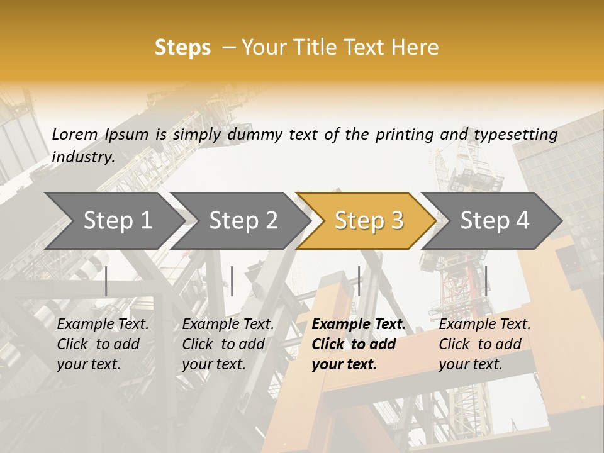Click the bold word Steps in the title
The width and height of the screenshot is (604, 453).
pyautogui.click(x=182, y=48)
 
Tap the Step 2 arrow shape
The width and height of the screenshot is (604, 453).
pyautogui.click(x=243, y=221)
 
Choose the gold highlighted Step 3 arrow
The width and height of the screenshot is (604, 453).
pyautogui.click(x=369, y=221)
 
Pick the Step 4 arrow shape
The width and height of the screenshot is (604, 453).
pyautogui.click(x=495, y=221)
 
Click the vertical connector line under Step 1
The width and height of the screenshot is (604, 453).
pyautogui.click(x=106, y=281)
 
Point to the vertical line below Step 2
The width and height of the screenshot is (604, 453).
pyautogui.click(x=232, y=281)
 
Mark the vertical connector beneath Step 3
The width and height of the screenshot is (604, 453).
pyautogui.click(x=359, y=281)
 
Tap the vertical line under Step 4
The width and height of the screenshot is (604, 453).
pyautogui.click(x=486, y=281)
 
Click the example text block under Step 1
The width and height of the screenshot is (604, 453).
pyautogui.click(x=103, y=344)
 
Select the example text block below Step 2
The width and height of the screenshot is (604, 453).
pyautogui.click(x=228, y=344)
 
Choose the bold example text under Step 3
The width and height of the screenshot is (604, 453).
pyautogui.click(x=359, y=344)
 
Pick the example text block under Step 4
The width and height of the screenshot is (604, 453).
pyautogui.click(x=484, y=344)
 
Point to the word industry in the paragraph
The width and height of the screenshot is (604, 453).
pyautogui.click(x=83, y=157)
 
